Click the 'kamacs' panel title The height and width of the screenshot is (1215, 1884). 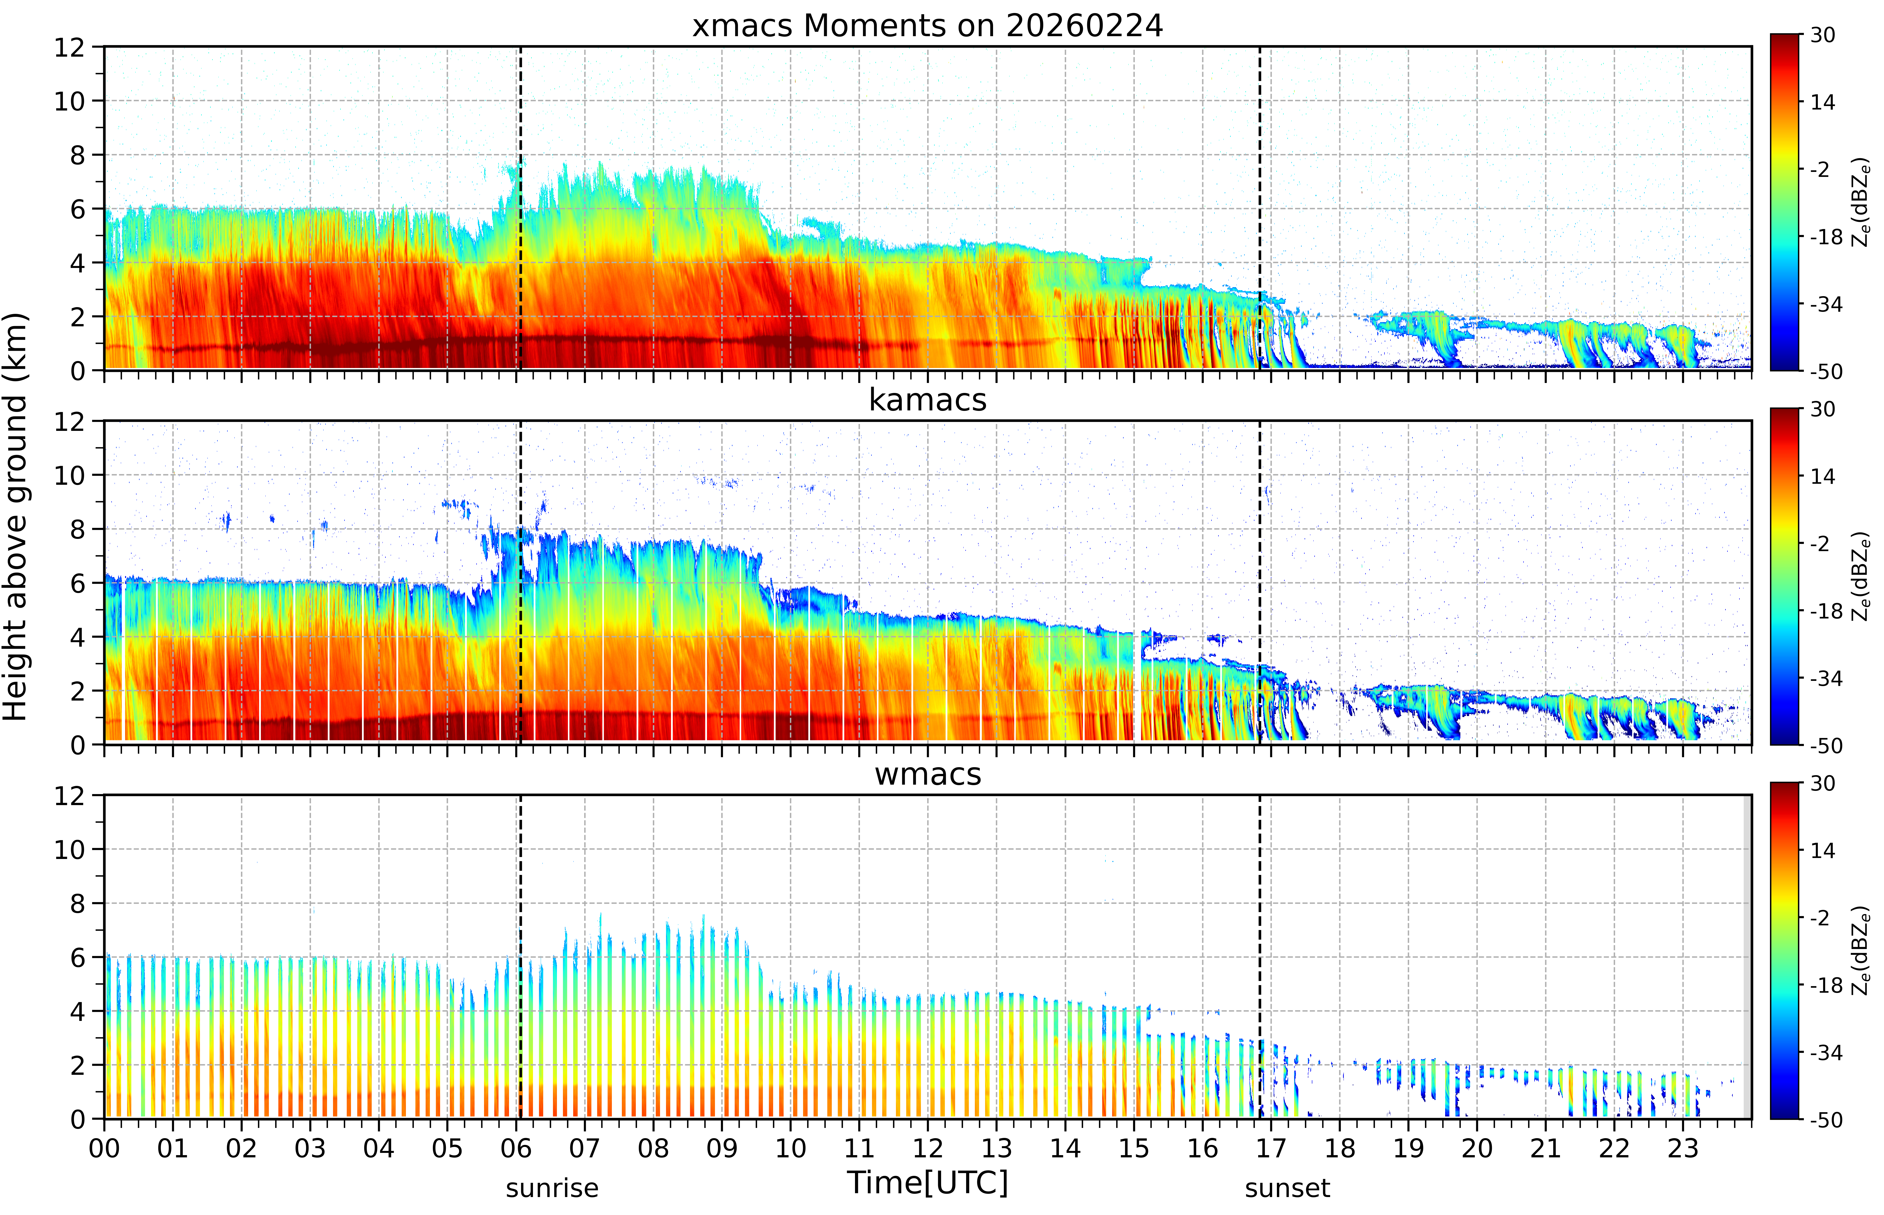pyautogui.click(x=927, y=400)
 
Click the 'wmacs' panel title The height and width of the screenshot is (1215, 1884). pyautogui.click(x=927, y=774)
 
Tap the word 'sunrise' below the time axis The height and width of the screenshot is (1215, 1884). pyautogui.click(x=552, y=1187)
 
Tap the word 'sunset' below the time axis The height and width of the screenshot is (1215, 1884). pyautogui.click(x=1287, y=1187)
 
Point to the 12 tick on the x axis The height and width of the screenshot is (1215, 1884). pyautogui.click(x=927, y=1148)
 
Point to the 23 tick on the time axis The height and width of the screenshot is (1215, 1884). pyautogui.click(x=1683, y=1148)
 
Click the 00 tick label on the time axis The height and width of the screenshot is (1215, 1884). pyautogui.click(x=104, y=1148)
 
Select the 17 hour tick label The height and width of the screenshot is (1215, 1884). pyautogui.click(x=1271, y=1148)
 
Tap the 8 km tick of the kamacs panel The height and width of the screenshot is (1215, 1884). pyautogui.click(x=77, y=529)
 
